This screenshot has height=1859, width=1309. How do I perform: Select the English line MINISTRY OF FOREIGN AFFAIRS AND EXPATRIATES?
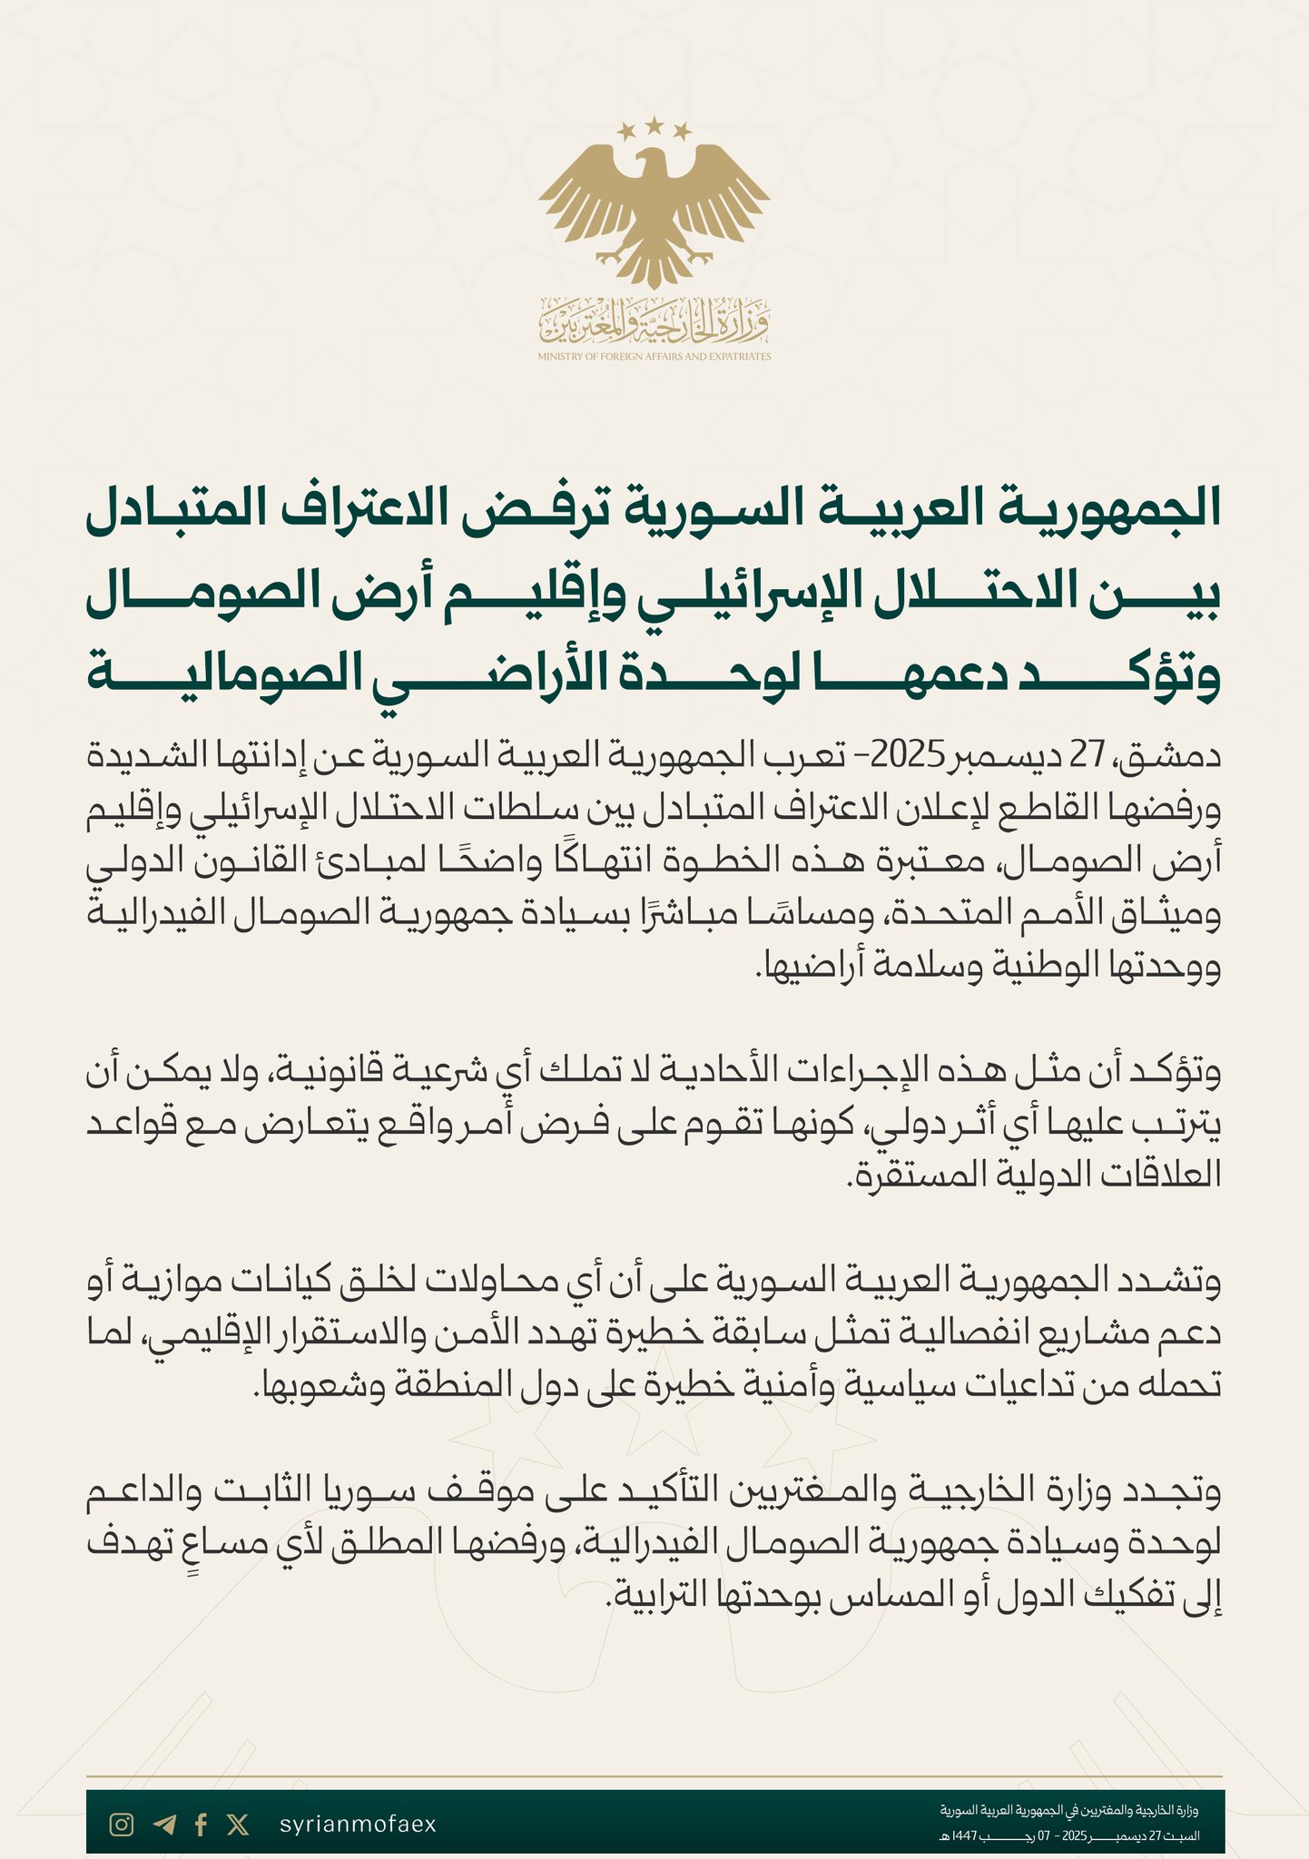pyautogui.click(x=654, y=357)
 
